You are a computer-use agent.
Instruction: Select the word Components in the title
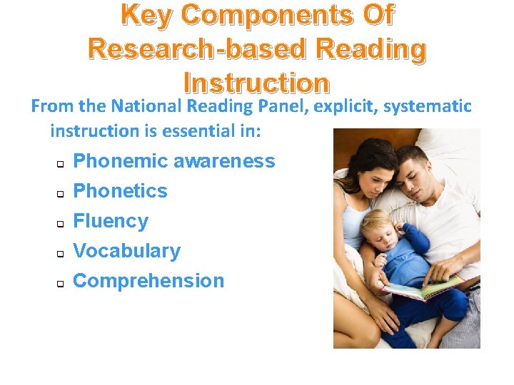pos(270,16)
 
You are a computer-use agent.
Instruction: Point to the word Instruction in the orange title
pos(256,83)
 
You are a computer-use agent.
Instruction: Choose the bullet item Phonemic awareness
pos(174,161)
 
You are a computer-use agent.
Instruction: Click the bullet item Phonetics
pos(121,191)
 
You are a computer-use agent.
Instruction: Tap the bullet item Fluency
pos(111,221)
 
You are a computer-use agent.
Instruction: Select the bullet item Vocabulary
pos(127,251)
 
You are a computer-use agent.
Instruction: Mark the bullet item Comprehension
pos(148,281)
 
